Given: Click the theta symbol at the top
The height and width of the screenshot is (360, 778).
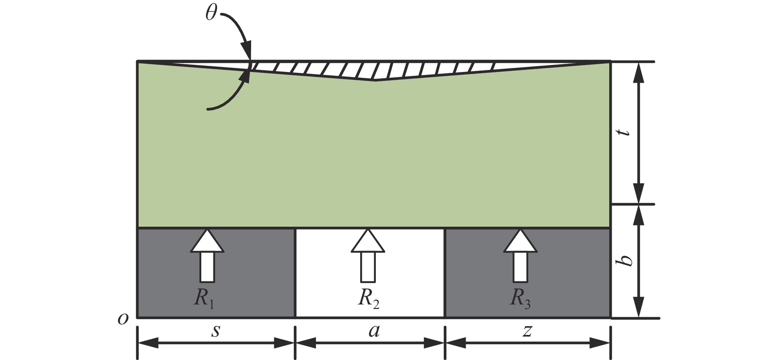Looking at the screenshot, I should (211, 14).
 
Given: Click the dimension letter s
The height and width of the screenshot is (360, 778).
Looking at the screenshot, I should (215, 331).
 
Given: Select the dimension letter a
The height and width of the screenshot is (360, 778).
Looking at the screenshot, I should (374, 331).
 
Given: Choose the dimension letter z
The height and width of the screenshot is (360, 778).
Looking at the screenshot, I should (527, 331).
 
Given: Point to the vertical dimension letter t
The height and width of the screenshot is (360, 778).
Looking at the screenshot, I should (626, 132).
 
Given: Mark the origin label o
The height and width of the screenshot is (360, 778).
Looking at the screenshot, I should (123, 318).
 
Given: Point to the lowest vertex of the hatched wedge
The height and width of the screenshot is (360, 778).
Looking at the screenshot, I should (375, 80).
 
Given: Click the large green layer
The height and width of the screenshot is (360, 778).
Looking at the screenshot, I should (370, 156).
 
